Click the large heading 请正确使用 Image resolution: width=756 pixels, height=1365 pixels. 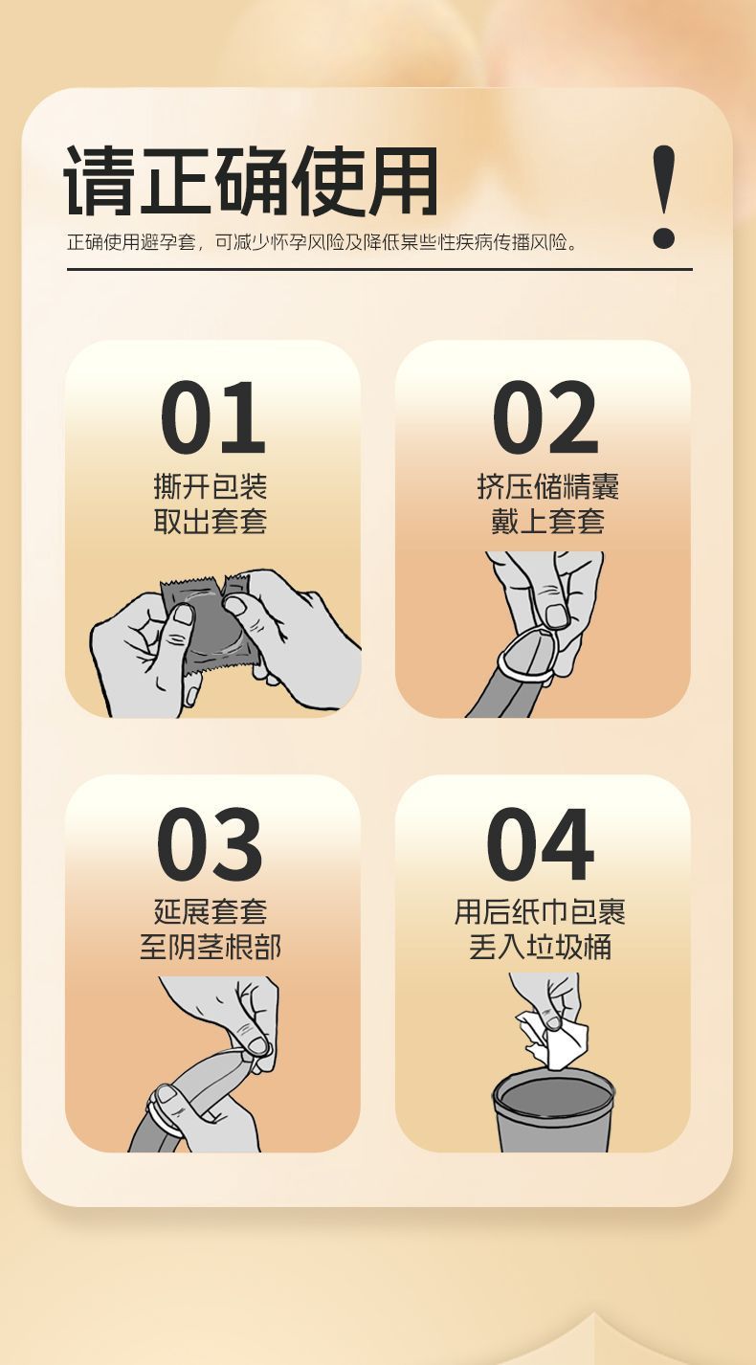(251, 180)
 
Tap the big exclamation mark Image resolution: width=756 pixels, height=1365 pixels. (663, 196)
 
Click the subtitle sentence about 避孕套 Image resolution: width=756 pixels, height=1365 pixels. (322, 242)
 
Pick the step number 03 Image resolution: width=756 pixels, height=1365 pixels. (211, 844)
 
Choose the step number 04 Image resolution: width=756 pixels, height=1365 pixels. (540, 844)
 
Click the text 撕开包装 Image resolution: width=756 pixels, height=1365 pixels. (211, 486)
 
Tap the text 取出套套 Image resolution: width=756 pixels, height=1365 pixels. (211, 522)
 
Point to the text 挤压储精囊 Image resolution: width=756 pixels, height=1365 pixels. (547, 486)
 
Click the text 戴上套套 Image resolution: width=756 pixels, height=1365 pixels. (547, 522)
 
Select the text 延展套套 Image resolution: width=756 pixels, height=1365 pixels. (211, 911)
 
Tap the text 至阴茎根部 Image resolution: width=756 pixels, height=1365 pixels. (211, 947)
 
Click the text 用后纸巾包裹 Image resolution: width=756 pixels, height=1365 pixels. (540, 911)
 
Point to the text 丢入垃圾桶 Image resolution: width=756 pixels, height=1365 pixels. (540, 947)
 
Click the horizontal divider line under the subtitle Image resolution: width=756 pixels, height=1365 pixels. (380, 269)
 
